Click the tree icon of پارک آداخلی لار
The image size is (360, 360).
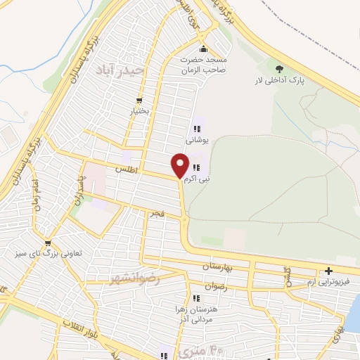(280, 68)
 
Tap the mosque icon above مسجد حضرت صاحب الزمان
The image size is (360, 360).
(203, 49)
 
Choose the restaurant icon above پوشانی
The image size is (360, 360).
(197, 129)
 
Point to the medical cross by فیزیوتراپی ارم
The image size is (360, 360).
(328, 271)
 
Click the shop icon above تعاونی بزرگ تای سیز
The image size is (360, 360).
(48, 243)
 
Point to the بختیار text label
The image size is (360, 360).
(139, 112)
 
